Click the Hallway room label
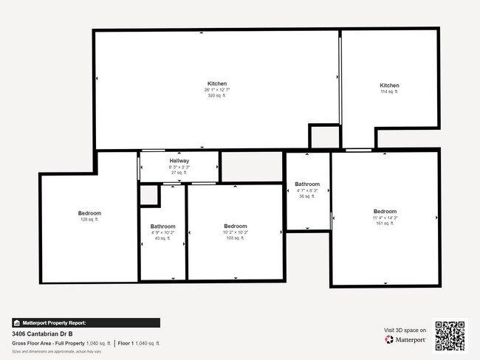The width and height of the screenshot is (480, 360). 179,161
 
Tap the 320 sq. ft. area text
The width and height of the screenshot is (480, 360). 217,96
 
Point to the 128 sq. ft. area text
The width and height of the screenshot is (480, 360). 89,220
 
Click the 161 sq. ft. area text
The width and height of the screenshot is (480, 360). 385,224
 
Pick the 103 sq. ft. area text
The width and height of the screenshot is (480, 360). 236,238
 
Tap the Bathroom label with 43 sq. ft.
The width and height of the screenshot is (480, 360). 163,226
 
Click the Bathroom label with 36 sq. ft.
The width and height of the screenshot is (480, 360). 307,184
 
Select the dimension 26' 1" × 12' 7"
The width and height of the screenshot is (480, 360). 217,90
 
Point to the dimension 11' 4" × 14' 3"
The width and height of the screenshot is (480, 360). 385,218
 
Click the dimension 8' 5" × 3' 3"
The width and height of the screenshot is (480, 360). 179,167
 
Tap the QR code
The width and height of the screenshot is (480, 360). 450,336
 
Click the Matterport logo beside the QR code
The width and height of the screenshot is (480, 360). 405,340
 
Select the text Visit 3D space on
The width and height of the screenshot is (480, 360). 405,330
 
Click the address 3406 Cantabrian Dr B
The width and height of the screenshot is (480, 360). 42,334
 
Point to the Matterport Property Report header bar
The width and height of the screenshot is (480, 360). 86,322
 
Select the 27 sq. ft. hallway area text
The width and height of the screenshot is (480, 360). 179,173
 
